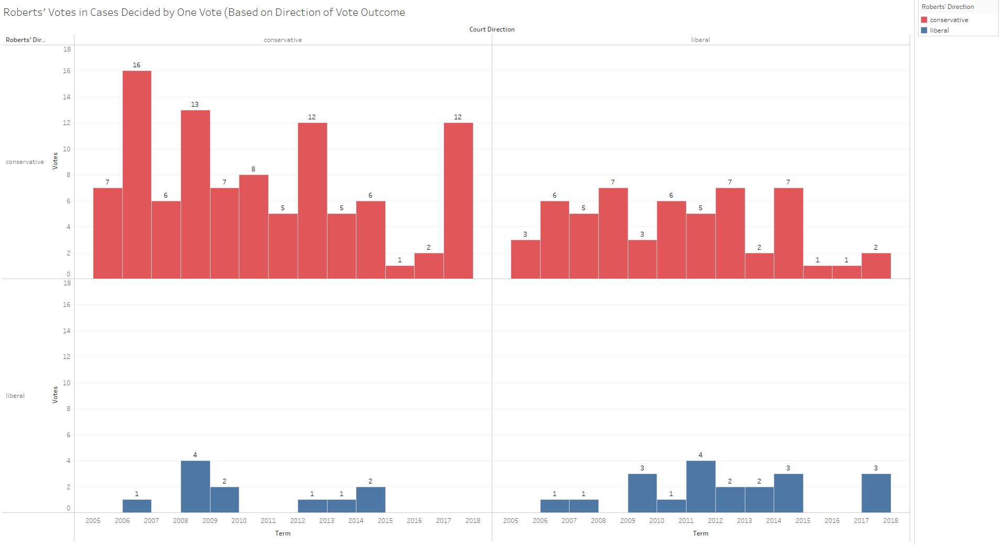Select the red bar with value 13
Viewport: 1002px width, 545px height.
click(x=195, y=194)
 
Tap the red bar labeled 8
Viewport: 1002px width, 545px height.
click(x=254, y=227)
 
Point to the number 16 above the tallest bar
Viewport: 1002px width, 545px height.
click(x=136, y=65)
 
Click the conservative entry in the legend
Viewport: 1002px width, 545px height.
click(x=948, y=20)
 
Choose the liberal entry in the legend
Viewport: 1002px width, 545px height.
click(x=939, y=30)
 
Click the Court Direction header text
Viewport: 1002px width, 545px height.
click(x=492, y=29)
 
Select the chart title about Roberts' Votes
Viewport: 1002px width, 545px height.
click(x=204, y=13)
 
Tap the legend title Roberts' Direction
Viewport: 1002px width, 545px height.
click(x=947, y=7)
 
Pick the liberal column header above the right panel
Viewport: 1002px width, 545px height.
click(x=700, y=40)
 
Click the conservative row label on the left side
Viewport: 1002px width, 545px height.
click(x=25, y=162)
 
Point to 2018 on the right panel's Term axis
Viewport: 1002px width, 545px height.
click(x=890, y=521)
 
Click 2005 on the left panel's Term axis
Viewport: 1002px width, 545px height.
click(x=93, y=521)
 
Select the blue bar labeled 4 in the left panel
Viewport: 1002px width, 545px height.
click(x=195, y=487)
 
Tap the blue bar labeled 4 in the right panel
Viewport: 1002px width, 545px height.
click(x=701, y=487)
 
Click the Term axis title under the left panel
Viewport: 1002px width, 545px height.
click(x=282, y=533)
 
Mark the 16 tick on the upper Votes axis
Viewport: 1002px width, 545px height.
click(x=67, y=71)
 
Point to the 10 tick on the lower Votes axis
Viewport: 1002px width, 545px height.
click(x=67, y=383)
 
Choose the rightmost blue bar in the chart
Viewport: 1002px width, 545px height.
click(x=876, y=493)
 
